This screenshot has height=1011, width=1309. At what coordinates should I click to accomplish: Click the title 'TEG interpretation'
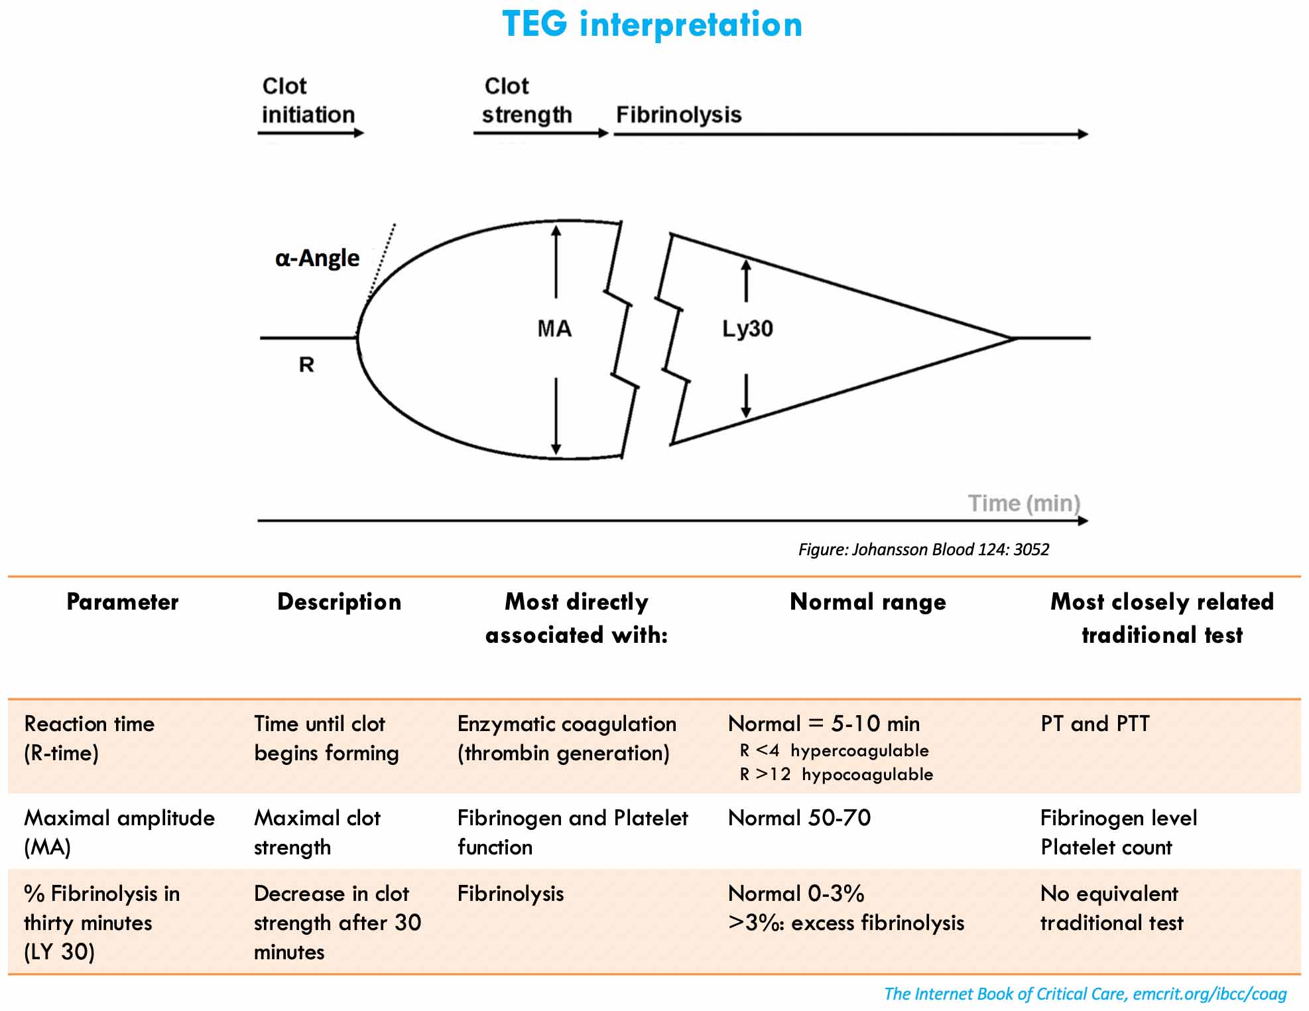click(x=652, y=25)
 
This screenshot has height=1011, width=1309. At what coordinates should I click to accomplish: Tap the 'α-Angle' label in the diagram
click(x=317, y=258)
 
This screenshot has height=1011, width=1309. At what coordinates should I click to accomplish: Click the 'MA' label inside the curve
click(x=554, y=329)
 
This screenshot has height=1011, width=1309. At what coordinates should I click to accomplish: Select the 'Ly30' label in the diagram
click(x=747, y=329)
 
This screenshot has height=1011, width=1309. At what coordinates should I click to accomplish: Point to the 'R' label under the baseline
click(x=306, y=365)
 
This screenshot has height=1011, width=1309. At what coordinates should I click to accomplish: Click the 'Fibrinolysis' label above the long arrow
click(x=678, y=115)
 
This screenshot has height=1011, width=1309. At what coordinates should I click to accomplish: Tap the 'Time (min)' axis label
click(x=1024, y=504)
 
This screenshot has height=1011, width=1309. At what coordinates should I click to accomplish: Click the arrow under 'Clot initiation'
click(x=310, y=133)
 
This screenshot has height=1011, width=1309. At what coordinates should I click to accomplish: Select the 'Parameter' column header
click(x=123, y=602)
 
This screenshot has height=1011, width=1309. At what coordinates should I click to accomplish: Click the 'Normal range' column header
click(x=868, y=602)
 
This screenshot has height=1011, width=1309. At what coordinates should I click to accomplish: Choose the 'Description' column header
click(x=339, y=602)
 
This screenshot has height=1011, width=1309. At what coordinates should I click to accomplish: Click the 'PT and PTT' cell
click(x=1095, y=724)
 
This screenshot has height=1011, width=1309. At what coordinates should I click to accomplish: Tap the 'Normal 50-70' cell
click(x=799, y=818)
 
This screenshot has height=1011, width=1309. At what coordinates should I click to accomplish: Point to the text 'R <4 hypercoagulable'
click(x=834, y=751)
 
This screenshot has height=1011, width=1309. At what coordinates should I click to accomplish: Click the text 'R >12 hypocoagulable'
click(x=836, y=775)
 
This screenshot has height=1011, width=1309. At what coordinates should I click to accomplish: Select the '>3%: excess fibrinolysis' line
click(x=846, y=923)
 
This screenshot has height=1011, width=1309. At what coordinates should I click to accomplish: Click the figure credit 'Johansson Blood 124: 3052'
click(x=923, y=549)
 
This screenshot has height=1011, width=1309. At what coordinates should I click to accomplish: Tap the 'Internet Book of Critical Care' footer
click(x=1085, y=994)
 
